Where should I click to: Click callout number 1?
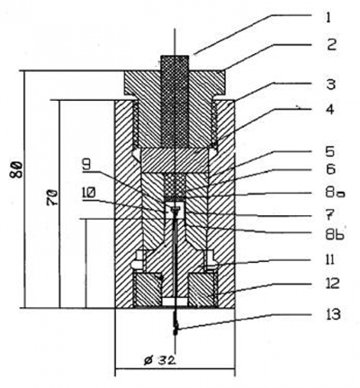point(328,17)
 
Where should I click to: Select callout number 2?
point(331,45)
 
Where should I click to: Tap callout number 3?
point(330,85)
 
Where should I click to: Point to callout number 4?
point(330,110)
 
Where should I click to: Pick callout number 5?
point(330,151)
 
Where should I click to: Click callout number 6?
point(330,169)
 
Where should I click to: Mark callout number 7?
point(330,214)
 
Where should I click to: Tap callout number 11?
point(329,259)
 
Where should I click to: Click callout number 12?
point(331,283)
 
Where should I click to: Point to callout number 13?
point(332,314)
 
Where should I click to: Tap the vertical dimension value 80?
point(17,169)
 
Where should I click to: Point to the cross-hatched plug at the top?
point(175,101)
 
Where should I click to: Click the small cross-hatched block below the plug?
point(175,186)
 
